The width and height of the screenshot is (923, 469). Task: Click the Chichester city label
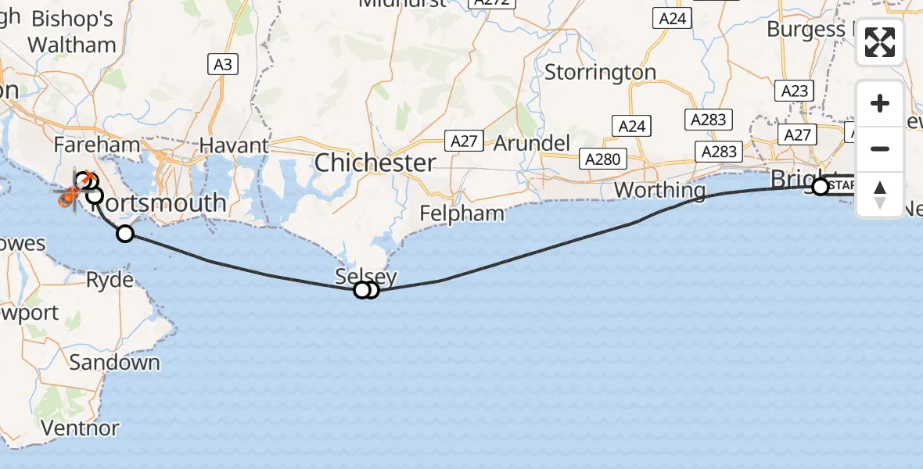click(x=375, y=163)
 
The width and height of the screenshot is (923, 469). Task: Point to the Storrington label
click(x=600, y=73)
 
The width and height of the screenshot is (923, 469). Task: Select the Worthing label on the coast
click(x=659, y=190)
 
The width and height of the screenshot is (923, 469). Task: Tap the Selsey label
click(x=365, y=276)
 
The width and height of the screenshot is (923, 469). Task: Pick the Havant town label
click(x=234, y=145)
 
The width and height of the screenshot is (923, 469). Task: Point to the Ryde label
click(x=110, y=279)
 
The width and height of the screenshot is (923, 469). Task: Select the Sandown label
click(x=114, y=363)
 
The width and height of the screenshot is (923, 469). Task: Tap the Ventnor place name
click(x=81, y=428)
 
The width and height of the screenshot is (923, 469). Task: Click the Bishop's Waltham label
click(x=72, y=32)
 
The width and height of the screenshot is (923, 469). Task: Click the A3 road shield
click(x=223, y=64)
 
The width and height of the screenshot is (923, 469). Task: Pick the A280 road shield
click(x=602, y=159)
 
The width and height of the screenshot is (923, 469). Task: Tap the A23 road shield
click(x=794, y=91)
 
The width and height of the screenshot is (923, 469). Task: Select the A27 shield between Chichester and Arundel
click(x=463, y=141)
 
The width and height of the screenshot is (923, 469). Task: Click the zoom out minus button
click(x=880, y=149)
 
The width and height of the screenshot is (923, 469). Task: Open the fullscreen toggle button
click(x=880, y=43)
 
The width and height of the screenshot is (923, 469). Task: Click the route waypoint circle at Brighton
click(x=820, y=187)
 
